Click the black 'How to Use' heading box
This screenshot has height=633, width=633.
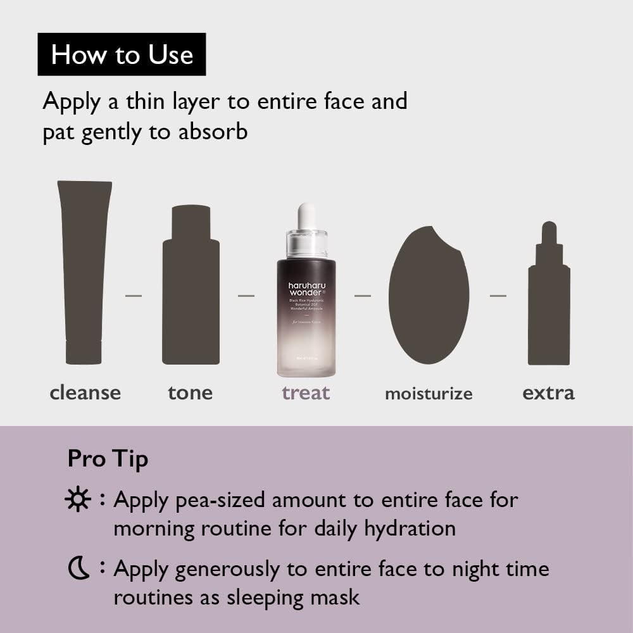[x=122, y=54]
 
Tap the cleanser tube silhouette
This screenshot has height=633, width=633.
[x=84, y=272]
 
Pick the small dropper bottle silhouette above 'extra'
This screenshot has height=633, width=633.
[x=549, y=298]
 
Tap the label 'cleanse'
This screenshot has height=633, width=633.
[x=85, y=392]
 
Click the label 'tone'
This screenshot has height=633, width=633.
[x=190, y=392]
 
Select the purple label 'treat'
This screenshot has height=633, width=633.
[x=306, y=392]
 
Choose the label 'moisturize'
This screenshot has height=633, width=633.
[x=429, y=394]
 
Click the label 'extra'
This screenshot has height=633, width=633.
[x=548, y=392]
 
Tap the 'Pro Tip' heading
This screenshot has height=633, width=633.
[x=108, y=459]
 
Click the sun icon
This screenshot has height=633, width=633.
[x=78, y=501]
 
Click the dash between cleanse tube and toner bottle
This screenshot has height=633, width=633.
[x=133, y=296]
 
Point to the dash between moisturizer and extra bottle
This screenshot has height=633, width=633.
[x=498, y=296]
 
